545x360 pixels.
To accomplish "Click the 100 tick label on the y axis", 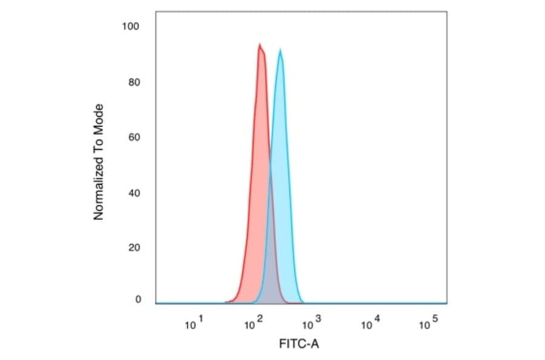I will (x=131, y=27).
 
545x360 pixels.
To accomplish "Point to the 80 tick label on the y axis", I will (x=134, y=82).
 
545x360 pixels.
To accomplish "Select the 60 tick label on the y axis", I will (x=134, y=138).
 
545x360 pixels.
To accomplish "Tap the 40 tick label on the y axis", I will (x=134, y=193).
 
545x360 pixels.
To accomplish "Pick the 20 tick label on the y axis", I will (x=134, y=248).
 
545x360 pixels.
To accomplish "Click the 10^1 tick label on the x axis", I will (x=194, y=325).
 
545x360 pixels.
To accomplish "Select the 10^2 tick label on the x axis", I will (x=253, y=325).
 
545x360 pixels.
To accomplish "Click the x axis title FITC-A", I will (x=299, y=344).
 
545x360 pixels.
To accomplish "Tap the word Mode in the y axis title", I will (x=99, y=118).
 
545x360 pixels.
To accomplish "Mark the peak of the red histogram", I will (x=260, y=45).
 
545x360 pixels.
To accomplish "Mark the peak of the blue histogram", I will (x=280, y=50).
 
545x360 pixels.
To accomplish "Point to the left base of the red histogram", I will (x=226, y=302).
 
